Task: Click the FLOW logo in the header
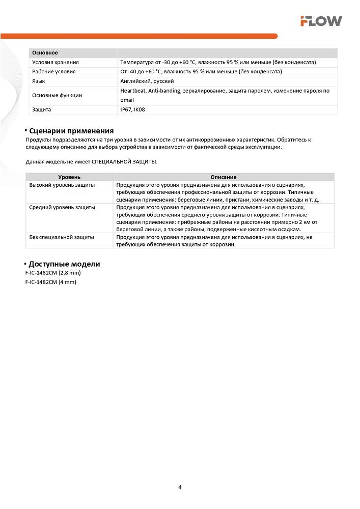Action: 321,21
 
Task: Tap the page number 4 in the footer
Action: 180,487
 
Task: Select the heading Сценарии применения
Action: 71,131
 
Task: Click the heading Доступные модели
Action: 64,264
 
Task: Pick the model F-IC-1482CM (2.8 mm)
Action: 53,273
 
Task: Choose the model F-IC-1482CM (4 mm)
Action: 50,282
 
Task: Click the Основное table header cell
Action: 45,53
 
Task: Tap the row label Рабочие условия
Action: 53,72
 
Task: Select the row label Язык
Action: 38,81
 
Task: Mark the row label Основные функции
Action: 57,95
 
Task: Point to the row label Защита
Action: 41,109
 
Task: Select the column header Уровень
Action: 69,177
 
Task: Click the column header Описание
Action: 223,177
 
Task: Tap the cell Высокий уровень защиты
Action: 62,185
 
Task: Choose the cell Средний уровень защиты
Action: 62,207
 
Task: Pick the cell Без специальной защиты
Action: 62,237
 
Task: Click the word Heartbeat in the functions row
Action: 132,91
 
